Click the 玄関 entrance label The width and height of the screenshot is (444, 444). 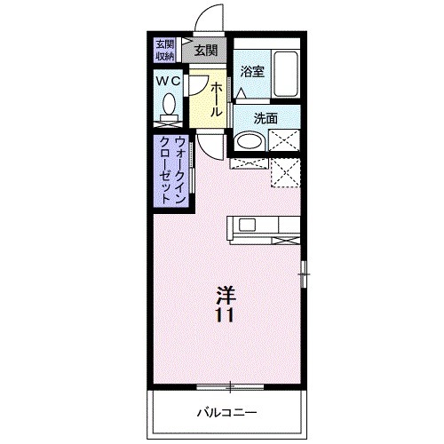(206, 51)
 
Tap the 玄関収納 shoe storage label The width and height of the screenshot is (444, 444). (165, 51)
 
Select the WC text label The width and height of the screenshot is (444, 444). (169, 82)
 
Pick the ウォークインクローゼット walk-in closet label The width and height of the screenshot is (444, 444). (172, 170)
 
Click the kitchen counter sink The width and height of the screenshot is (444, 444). (244, 226)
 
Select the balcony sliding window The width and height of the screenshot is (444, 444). (230, 385)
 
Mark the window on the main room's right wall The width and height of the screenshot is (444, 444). (304, 274)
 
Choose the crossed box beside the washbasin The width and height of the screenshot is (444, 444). (285, 140)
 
